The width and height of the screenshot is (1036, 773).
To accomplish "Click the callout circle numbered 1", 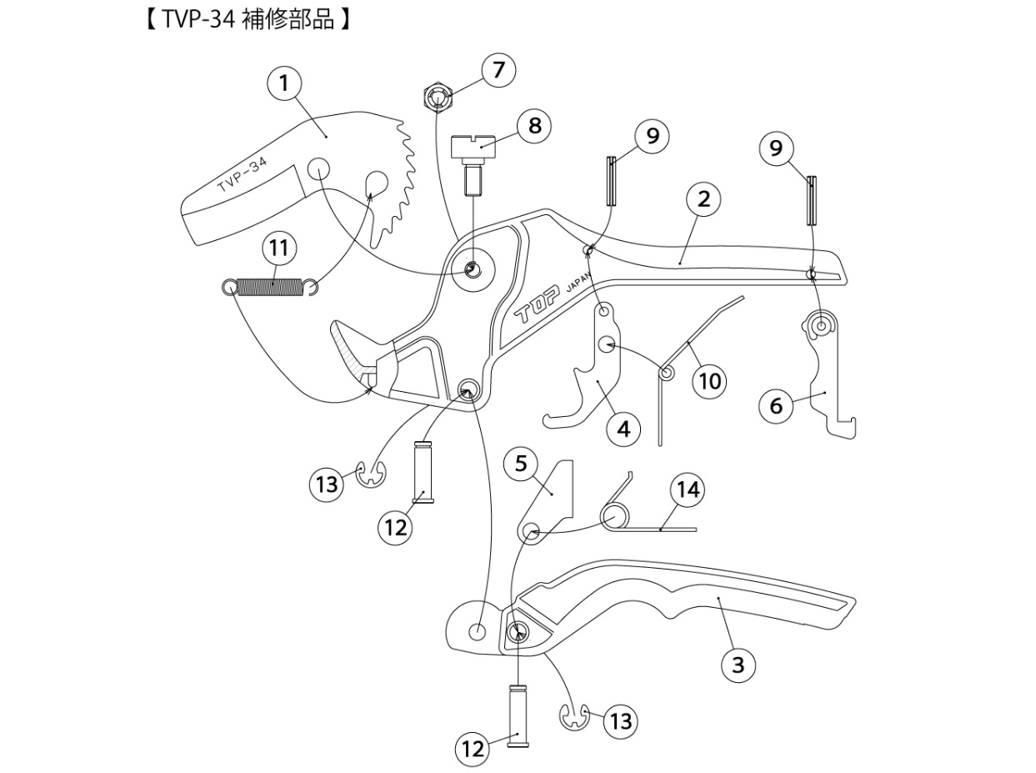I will pyautogui.click(x=284, y=83).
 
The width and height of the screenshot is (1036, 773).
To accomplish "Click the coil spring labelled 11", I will pyautogui.click(x=270, y=287).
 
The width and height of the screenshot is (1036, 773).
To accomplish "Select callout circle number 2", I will pyautogui.click(x=703, y=199).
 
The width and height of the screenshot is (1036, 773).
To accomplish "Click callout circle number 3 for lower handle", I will pyautogui.click(x=738, y=665).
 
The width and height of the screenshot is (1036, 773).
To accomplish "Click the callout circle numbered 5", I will pyautogui.click(x=521, y=463).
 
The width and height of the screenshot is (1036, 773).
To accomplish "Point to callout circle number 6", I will pyautogui.click(x=776, y=405).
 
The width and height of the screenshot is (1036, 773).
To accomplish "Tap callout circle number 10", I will pyautogui.click(x=709, y=381).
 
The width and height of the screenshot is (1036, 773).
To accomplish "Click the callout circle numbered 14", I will pyautogui.click(x=688, y=489).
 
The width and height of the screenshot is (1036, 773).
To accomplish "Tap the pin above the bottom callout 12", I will pyautogui.click(x=518, y=714).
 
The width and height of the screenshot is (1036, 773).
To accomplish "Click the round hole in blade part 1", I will pyautogui.click(x=319, y=168).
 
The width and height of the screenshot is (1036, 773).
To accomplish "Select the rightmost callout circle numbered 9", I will pyautogui.click(x=776, y=148).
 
